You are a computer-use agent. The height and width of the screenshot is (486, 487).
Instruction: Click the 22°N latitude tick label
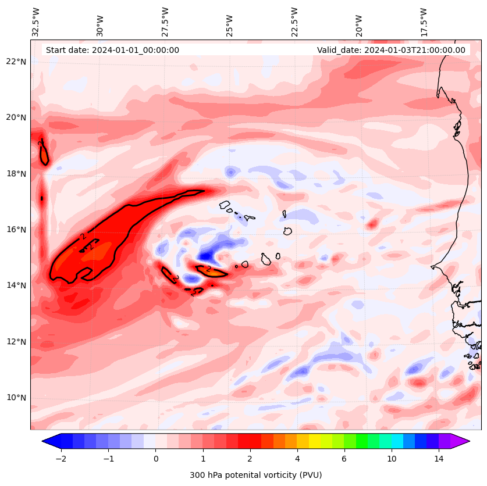point(17,62)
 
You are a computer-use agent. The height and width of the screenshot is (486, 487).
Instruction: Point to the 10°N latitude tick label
point(17,398)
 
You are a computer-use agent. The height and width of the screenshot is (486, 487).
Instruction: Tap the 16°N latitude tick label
point(17,230)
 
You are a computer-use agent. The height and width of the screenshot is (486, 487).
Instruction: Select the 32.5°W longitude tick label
point(36,22)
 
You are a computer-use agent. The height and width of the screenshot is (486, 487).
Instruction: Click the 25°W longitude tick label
point(230,26)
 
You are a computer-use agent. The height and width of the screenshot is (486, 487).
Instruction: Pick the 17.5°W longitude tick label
point(424,22)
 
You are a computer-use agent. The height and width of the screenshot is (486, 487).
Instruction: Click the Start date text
point(112,50)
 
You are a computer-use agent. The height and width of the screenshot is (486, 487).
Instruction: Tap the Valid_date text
point(391,50)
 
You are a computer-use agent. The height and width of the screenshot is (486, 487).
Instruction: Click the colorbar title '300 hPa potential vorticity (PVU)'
point(255,475)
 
